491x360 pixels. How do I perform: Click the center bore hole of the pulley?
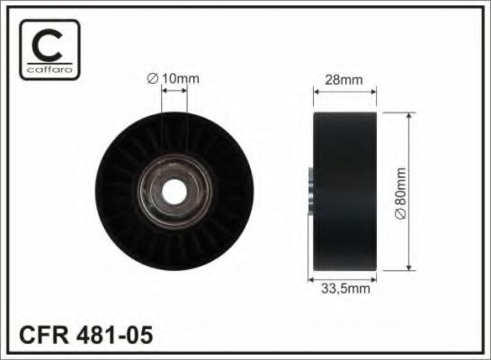pyautogui.click(x=174, y=192)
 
